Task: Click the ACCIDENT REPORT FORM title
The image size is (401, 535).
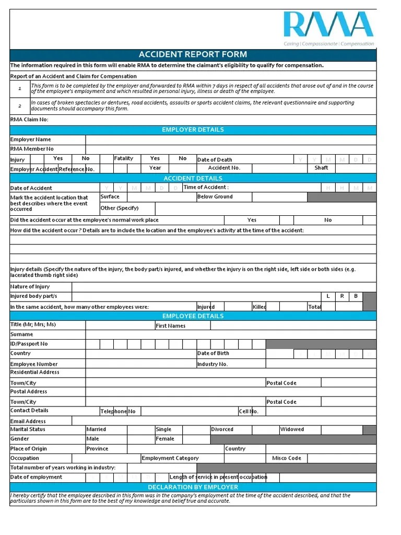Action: [x=193, y=54]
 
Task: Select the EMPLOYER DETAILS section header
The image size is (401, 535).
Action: [x=193, y=130]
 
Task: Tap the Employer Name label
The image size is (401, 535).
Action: [x=31, y=139]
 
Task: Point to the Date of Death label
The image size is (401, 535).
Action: [x=215, y=160]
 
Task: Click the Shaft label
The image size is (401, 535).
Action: [x=321, y=168]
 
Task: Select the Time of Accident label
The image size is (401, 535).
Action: [x=206, y=187]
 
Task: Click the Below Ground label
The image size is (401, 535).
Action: [x=215, y=197]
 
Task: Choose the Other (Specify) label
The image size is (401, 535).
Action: [x=120, y=208]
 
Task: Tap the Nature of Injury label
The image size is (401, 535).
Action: [x=30, y=286]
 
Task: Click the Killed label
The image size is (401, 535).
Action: [x=260, y=307]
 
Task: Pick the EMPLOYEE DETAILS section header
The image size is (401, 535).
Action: [x=193, y=316]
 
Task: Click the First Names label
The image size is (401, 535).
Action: [x=170, y=325]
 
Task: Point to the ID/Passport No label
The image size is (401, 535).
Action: [x=29, y=344]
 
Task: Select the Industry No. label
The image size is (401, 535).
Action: [x=213, y=364]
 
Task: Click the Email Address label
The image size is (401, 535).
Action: [x=28, y=421]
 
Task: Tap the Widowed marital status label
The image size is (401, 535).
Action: [x=292, y=429]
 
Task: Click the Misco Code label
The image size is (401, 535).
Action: [x=287, y=458]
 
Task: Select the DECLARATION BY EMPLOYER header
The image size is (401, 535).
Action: [x=193, y=487]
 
